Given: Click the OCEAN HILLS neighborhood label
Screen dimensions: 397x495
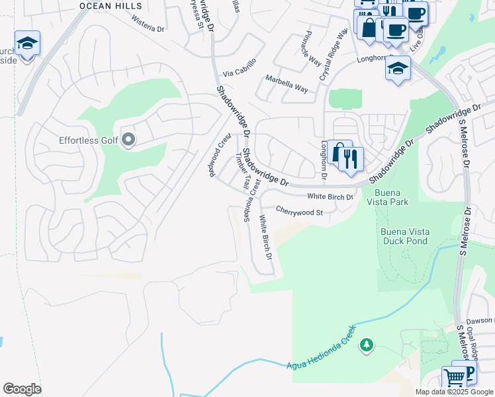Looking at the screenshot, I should pos(111,5).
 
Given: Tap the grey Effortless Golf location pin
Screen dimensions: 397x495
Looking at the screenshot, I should pos(128,140).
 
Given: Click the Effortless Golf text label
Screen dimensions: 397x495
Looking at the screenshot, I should pos(88,140).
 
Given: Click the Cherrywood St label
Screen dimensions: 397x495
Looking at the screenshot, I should pos(298,212).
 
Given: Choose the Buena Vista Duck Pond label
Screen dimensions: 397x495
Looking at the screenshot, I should pos(406,236).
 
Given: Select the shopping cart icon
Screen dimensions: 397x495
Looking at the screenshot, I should pos(455,378).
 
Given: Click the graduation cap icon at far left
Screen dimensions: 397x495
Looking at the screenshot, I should pos(27,44).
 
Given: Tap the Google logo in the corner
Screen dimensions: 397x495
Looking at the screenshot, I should pos(22,389).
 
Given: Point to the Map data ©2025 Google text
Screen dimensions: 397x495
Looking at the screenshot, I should pos(453,392).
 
